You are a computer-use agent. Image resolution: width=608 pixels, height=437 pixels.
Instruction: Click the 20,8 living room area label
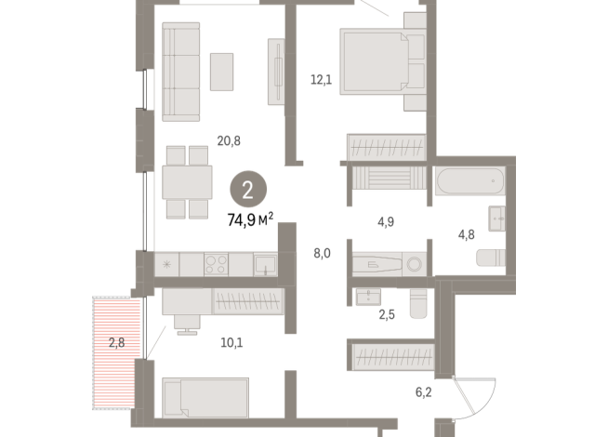click(x=229, y=141)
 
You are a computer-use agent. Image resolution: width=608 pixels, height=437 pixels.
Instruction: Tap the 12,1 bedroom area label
click(x=321, y=80)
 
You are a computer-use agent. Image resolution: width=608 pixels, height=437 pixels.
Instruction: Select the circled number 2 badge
click(x=248, y=190)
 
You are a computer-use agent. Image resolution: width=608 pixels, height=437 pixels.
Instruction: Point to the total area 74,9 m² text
click(x=250, y=219)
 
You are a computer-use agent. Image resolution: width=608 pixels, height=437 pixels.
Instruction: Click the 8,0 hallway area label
click(x=322, y=253)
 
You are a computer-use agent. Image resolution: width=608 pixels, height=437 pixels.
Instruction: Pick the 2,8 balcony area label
click(x=116, y=343)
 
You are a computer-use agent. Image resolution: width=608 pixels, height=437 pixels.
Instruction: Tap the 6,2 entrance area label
click(x=423, y=392)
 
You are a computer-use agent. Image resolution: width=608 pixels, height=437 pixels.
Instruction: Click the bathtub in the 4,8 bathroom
click(x=469, y=180)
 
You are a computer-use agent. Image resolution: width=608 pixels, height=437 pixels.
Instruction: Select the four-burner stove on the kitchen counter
click(x=216, y=264)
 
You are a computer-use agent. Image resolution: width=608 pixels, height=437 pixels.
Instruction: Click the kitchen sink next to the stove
click(x=266, y=264)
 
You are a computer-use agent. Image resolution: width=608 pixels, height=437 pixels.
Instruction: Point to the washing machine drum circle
click(x=414, y=264)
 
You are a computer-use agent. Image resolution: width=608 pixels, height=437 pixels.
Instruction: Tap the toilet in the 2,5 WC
click(x=418, y=304)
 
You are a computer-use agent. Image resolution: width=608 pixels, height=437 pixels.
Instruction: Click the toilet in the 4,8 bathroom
click(x=491, y=258)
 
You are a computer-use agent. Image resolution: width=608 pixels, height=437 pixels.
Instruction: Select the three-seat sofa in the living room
click(x=180, y=72)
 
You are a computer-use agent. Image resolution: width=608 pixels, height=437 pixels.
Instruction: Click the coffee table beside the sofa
click(x=222, y=73)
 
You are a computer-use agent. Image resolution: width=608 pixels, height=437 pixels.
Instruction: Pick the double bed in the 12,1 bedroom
click(x=383, y=61)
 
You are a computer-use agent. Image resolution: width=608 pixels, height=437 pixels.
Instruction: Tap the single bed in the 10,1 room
click(x=205, y=398)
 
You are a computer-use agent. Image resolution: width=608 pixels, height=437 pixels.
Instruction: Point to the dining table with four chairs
click(x=187, y=182)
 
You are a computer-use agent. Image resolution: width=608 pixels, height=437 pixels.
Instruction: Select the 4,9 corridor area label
click(x=386, y=222)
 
